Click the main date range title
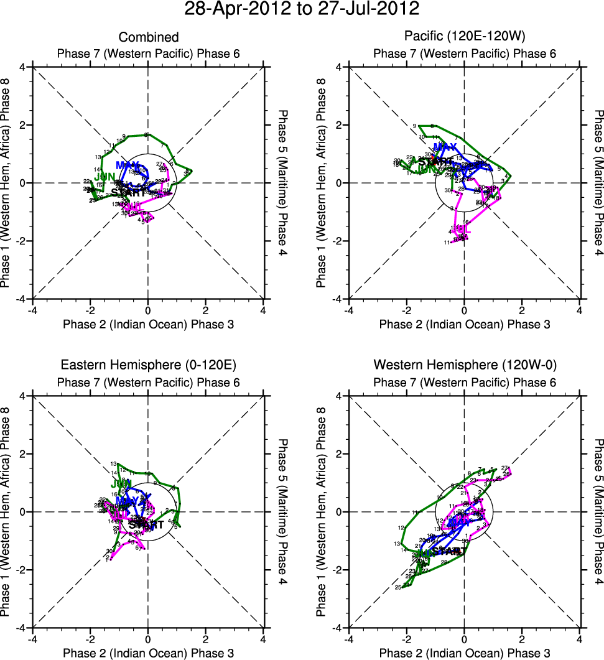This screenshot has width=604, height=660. [x=302, y=9]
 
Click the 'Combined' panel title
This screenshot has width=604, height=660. [x=148, y=38]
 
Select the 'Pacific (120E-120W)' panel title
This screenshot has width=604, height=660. [x=464, y=38]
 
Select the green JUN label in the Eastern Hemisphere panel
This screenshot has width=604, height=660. [x=121, y=483]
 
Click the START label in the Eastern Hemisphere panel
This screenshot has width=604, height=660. [x=146, y=524]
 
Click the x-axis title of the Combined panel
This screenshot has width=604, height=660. [x=148, y=324]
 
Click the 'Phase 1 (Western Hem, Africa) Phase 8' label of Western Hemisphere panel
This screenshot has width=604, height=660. [x=322, y=511]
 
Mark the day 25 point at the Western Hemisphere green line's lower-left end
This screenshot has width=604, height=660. [x=398, y=588]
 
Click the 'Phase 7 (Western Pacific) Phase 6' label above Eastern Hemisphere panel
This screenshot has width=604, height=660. [x=148, y=381]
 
